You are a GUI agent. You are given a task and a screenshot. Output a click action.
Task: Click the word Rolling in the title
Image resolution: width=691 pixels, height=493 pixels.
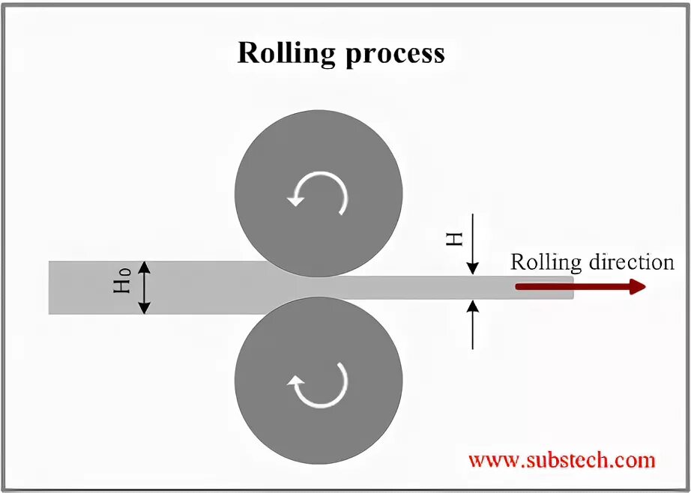(x=284, y=54)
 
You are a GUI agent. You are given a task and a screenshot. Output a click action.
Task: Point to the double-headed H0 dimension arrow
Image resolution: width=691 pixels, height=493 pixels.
(x=145, y=288)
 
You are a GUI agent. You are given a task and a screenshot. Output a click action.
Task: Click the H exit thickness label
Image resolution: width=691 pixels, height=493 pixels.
(x=455, y=238)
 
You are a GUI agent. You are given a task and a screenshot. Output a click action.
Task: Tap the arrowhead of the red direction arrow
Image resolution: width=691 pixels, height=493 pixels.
(x=638, y=287)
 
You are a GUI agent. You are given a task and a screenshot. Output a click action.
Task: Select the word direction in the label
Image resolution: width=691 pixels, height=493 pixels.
(x=632, y=262)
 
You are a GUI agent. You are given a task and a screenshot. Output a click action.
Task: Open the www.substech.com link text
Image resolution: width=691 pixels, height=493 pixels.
(x=561, y=460)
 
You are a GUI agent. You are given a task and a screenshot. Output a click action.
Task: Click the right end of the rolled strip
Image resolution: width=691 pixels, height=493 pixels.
(x=571, y=288)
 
